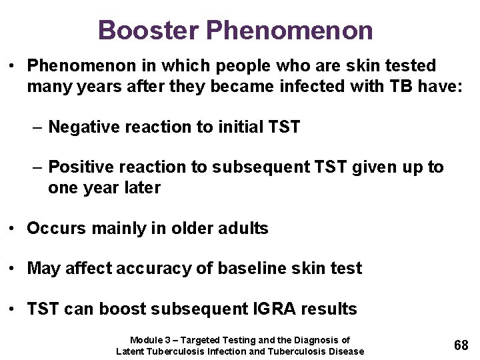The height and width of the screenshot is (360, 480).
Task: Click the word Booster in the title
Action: [x=148, y=30]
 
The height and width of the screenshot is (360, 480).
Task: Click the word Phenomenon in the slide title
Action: [x=289, y=30]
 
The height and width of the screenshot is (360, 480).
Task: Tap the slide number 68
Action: [x=461, y=345]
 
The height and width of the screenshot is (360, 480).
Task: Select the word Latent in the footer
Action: [x=131, y=351]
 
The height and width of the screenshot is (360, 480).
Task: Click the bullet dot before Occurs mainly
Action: [x=13, y=229]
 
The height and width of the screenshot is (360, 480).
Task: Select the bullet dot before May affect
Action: [x=13, y=269]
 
